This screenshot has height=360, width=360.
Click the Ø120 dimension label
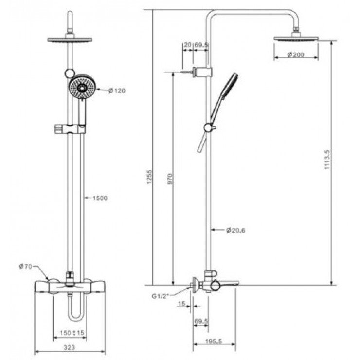coord(117,90)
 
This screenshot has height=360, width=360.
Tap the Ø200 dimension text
coord(296,54)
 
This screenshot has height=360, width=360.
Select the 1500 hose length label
coord(98,198)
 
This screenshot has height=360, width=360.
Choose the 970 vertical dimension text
coord(170,179)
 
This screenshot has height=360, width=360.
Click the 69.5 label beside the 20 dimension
coord(201,45)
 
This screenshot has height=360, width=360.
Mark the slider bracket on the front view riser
coord(71,129)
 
